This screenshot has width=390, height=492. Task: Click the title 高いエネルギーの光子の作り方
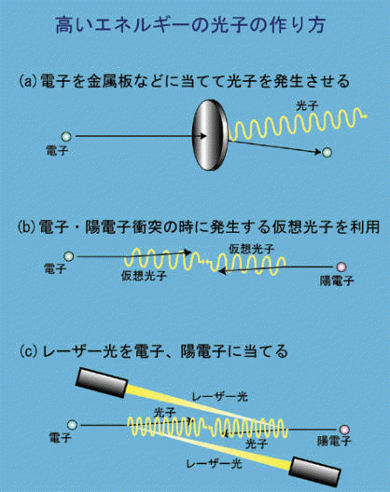pyautogui.click(x=190, y=25)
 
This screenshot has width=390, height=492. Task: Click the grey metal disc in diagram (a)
pyautogui.click(x=210, y=135)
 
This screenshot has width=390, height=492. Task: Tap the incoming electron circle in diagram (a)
pyautogui.click(x=66, y=137)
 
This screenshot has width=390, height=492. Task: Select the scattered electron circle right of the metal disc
pyautogui.click(x=327, y=152)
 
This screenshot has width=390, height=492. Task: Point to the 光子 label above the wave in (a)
pyautogui.click(x=307, y=106)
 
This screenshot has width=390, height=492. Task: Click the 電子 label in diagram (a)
pyautogui.click(x=57, y=151)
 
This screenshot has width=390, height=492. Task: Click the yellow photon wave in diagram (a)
pyautogui.click(x=298, y=124)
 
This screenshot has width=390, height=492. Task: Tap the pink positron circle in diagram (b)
pyautogui.click(x=341, y=267)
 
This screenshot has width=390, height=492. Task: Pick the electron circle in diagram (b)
pyautogui.click(x=68, y=256)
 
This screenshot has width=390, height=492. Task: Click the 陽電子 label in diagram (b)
pyautogui.click(x=337, y=280)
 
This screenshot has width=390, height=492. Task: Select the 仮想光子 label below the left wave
pyautogui.click(x=145, y=276)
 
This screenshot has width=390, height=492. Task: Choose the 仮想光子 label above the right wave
pyautogui.click(x=251, y=249)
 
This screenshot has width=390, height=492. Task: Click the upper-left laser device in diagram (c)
pyautogui.click(x=102, y=383)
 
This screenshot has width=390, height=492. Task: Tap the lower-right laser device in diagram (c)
pyautogui.click(x=314, y=471)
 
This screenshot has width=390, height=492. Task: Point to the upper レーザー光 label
pyautogui.click(x=219, y=397)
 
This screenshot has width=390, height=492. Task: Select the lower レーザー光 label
pyautogui.click(x=214, y=464)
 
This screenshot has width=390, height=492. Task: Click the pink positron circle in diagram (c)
pyautogui.click(x=344, y=430)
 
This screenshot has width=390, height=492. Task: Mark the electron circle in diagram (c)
pyautogui.click(x=72, y=425)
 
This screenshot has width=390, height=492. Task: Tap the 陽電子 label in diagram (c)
pyautogui.click(x=334, y=441)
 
